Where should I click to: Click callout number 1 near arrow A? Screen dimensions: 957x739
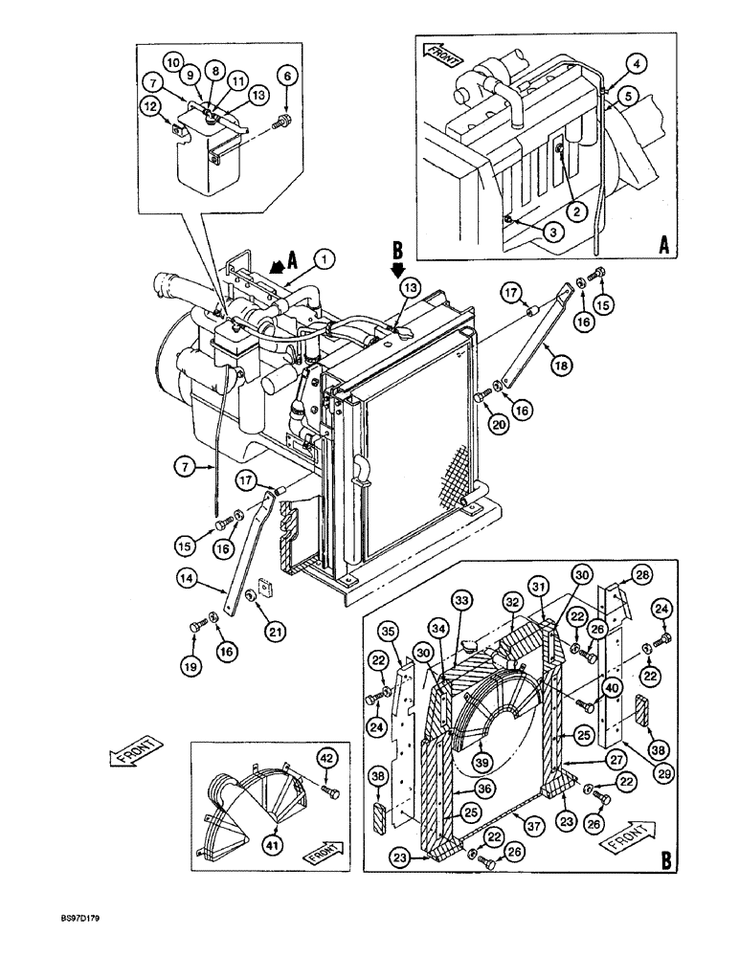tap(325, 257)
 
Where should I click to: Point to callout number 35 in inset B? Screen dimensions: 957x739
tap(388, 632)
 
